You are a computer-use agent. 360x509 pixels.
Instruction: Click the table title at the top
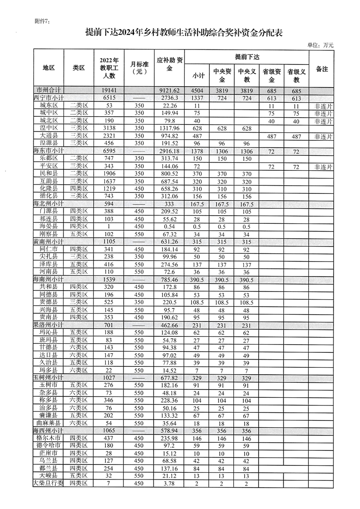coord(187,31)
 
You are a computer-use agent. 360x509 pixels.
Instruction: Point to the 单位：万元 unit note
coord(320,45)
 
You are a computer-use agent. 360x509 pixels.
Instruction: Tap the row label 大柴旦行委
coord(48,484)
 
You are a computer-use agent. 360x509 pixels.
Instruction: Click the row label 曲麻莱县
coord(48,423)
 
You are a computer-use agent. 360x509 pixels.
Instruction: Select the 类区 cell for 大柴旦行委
coord(79,484)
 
